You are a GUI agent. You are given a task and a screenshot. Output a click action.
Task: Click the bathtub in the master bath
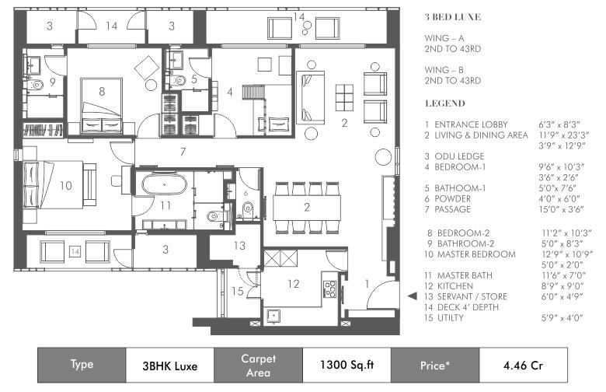pos(164,184)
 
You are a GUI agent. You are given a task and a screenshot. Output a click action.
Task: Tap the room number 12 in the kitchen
pos(294,284)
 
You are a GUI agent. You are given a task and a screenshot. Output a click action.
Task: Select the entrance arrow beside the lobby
pos(413,296)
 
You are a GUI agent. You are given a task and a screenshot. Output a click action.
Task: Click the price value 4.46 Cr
pos(524,366)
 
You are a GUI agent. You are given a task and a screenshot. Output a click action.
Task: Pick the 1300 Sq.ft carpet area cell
pos(347,365)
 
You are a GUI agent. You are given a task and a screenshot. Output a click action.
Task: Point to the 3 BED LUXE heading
pos(453,17)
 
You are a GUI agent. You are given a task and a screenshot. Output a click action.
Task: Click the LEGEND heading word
pos(445,103)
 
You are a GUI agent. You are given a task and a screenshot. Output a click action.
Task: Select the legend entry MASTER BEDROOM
pos(476,254)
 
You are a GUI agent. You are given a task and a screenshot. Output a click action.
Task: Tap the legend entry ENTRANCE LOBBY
pos(471,124)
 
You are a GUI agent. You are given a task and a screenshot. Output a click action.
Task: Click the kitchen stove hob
pos(329,289)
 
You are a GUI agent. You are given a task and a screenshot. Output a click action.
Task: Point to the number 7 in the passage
pos(183,152)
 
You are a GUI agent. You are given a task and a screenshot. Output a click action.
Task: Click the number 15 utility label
pos(237,291)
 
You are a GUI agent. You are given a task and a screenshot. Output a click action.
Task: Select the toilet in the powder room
pos(247,209)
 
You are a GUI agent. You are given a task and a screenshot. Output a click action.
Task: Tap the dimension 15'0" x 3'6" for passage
pos(561,209)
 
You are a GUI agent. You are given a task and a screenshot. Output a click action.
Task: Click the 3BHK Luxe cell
pos(170,366)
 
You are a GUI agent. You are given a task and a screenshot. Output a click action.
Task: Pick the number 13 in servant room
pos(239,245)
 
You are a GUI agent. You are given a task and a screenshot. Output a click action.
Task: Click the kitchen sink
pos(274,315)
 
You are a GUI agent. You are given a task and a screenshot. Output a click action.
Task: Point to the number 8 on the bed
pos(102,91)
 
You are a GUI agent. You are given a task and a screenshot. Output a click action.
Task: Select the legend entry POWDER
pos(453,199)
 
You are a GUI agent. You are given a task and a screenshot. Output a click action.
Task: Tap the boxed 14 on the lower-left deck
pos(75,252)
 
